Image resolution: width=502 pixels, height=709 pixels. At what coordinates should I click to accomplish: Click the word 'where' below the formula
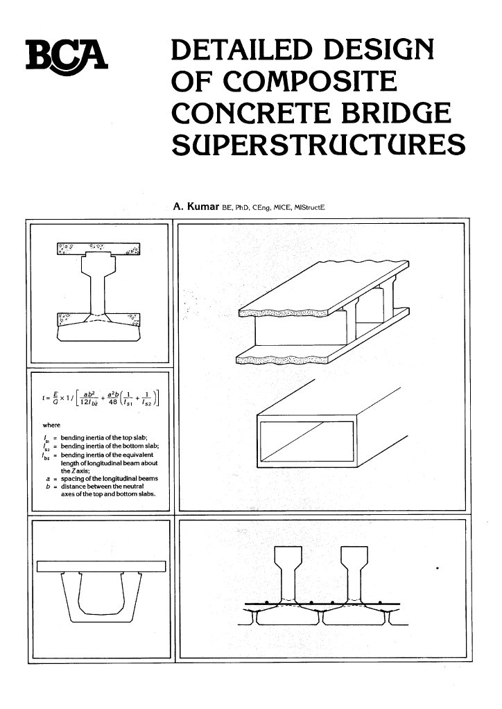[52, 425]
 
